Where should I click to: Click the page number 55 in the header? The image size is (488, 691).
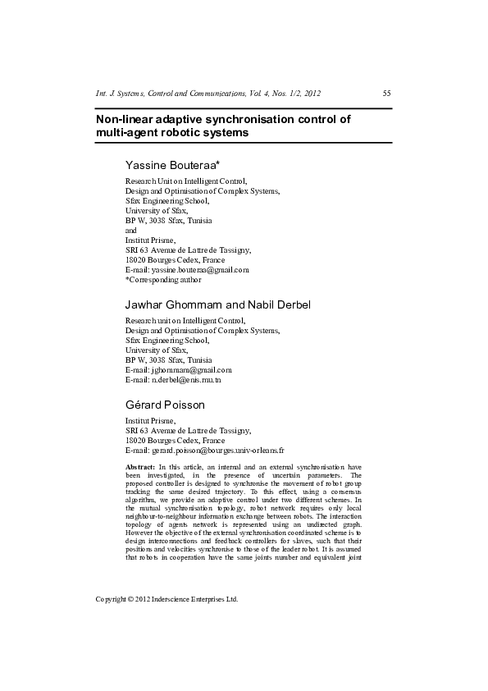(x=386, y=94)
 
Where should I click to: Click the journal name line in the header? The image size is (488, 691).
(x=208, y=94)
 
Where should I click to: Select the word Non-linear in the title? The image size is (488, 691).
(x=125, y=119)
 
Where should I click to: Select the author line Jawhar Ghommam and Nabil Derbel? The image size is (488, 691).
(x=217, y=305)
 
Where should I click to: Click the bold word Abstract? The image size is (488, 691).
(x=139, y=467)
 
